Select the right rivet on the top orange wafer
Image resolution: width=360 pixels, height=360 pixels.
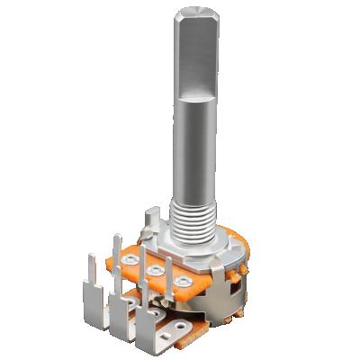[x=183, y=283]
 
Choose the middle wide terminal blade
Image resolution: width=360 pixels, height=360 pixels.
[x=119, y=317]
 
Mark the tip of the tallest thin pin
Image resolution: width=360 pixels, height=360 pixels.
[x=118, y=239]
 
